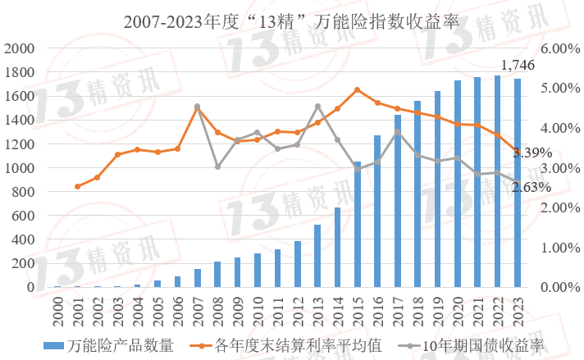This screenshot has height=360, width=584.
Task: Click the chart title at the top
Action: (291, 22)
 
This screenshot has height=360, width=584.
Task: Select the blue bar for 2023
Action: (517, 183)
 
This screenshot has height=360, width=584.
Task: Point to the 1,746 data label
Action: (518, 66)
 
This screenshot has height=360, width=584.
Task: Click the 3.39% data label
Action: (533, 153)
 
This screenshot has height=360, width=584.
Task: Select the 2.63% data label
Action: (532, 187)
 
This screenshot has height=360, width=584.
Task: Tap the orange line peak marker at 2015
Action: (358, 89)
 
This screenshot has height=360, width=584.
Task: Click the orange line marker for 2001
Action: (78, 187)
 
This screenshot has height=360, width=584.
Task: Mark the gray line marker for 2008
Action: (217, 166)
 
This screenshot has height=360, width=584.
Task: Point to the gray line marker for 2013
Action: (317, 107)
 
